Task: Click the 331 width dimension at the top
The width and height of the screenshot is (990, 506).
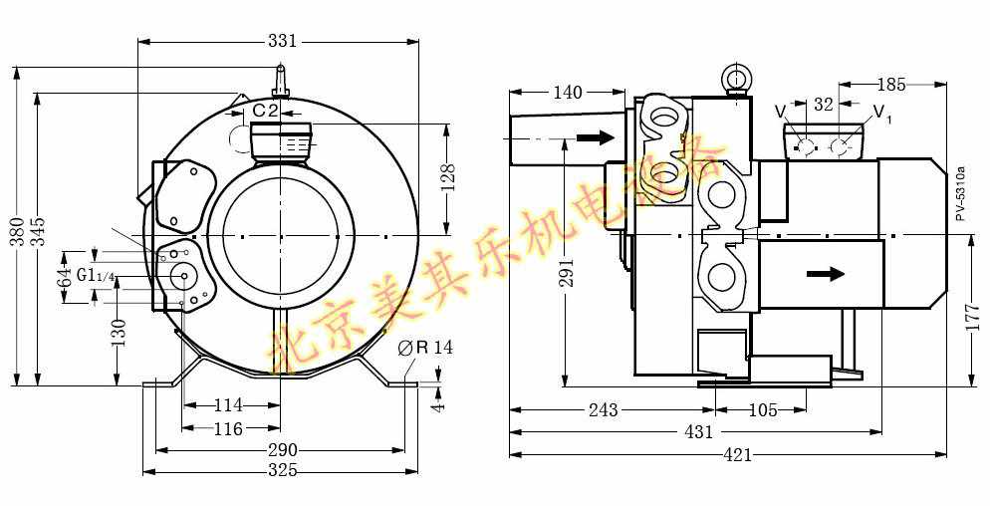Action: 282,41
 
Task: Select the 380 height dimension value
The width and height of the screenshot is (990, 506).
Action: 19,231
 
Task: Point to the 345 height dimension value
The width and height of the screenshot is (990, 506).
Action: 38,231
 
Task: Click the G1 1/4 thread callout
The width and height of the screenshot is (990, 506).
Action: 96,276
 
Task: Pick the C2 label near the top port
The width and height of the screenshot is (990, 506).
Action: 265,111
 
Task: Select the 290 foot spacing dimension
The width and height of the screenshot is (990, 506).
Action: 282,450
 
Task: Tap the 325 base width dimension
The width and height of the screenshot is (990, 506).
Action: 282,470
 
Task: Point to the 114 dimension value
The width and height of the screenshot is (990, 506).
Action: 228,404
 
